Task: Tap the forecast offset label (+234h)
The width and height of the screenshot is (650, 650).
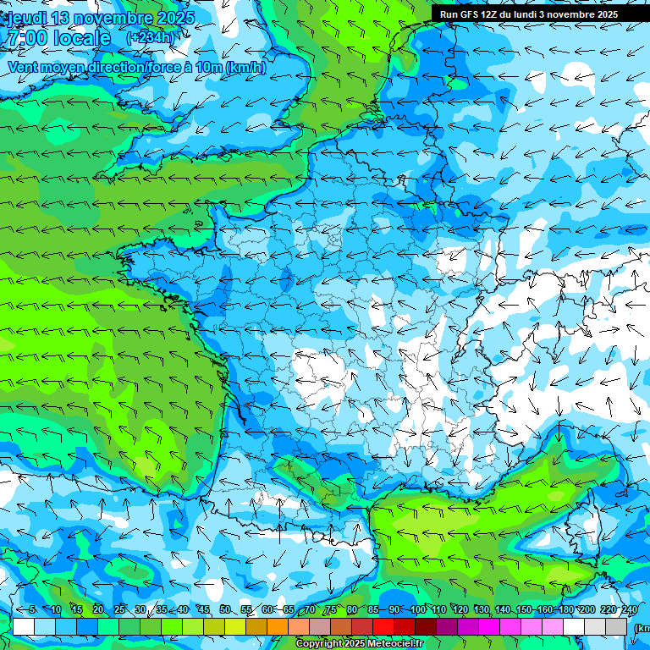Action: point(151,38)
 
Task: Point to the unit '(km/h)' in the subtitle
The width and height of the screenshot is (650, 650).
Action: point(245,68)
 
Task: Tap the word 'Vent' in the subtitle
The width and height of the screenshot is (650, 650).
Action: point(24,68)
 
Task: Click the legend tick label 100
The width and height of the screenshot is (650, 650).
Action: point(417,610)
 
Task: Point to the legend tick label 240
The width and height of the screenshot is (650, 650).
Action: point(629,610)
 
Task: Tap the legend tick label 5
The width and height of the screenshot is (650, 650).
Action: point(32,610)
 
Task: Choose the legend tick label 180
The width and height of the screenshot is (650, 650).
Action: point(565,610)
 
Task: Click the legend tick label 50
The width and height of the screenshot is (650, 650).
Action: point(224,610)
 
